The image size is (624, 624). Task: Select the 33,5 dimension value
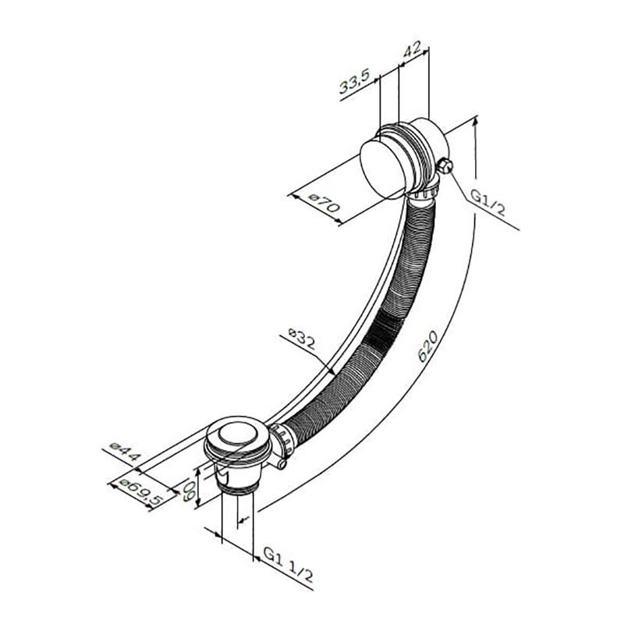[x=355, y=81]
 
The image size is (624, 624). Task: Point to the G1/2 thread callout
[x=487, y=202]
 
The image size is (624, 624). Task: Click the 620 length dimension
[x=427, y=346]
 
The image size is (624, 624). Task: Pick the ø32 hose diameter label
[x=302, y=338]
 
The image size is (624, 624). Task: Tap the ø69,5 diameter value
[x=142, y=493]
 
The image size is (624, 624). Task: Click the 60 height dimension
[x=190, y=491]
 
